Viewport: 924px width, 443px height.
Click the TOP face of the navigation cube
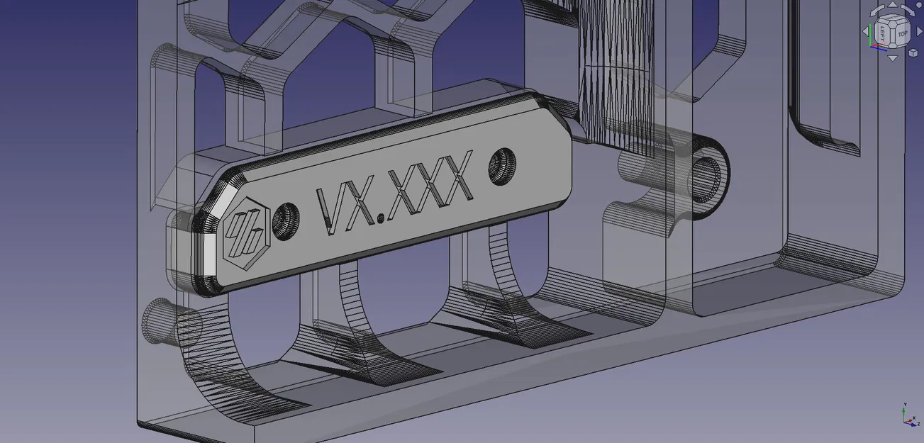click(x=902, y=34)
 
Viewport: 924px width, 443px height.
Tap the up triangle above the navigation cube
click(x=893, y=4)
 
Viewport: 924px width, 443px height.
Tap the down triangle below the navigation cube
click(x=893, y=58)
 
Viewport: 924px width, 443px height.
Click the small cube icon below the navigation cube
click(x=913, y=52)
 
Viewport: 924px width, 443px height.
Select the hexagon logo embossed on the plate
click(x=246, y=233)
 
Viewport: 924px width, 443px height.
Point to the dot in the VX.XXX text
click(x=381, y=218)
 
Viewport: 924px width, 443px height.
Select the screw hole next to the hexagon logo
click(x=286, y=221)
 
